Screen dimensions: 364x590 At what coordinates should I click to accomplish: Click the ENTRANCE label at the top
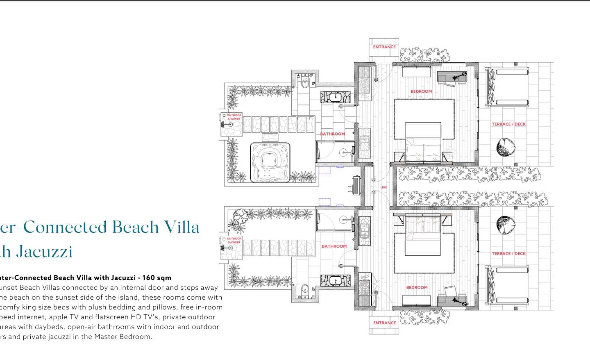pos(384,47)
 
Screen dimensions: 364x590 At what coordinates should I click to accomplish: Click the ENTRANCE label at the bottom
pos(384,323)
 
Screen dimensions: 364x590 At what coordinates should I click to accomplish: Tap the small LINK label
pos(383,187)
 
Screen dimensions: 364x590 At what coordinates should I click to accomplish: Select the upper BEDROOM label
pos(421,91)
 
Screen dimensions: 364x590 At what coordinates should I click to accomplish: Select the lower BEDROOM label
pos(417,287)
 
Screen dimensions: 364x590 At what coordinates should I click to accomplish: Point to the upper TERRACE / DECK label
pos(508,124)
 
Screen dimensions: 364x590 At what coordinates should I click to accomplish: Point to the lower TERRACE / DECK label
pos(508,254)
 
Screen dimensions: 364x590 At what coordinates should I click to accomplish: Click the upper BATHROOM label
pos(333,134)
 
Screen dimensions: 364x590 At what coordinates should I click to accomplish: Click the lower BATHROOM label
pos(334,246)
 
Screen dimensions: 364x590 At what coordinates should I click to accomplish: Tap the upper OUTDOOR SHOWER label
pos(234,117)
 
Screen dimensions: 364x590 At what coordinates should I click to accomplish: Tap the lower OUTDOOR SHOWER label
pos(234,240)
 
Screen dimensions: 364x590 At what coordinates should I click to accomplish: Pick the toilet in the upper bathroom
pos(304,83)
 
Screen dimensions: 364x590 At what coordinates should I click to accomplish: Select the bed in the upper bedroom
pos(423,141)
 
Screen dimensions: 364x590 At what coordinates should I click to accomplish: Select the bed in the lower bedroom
pos(423,236)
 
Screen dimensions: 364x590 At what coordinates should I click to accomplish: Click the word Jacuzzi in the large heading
pos(45,251)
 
